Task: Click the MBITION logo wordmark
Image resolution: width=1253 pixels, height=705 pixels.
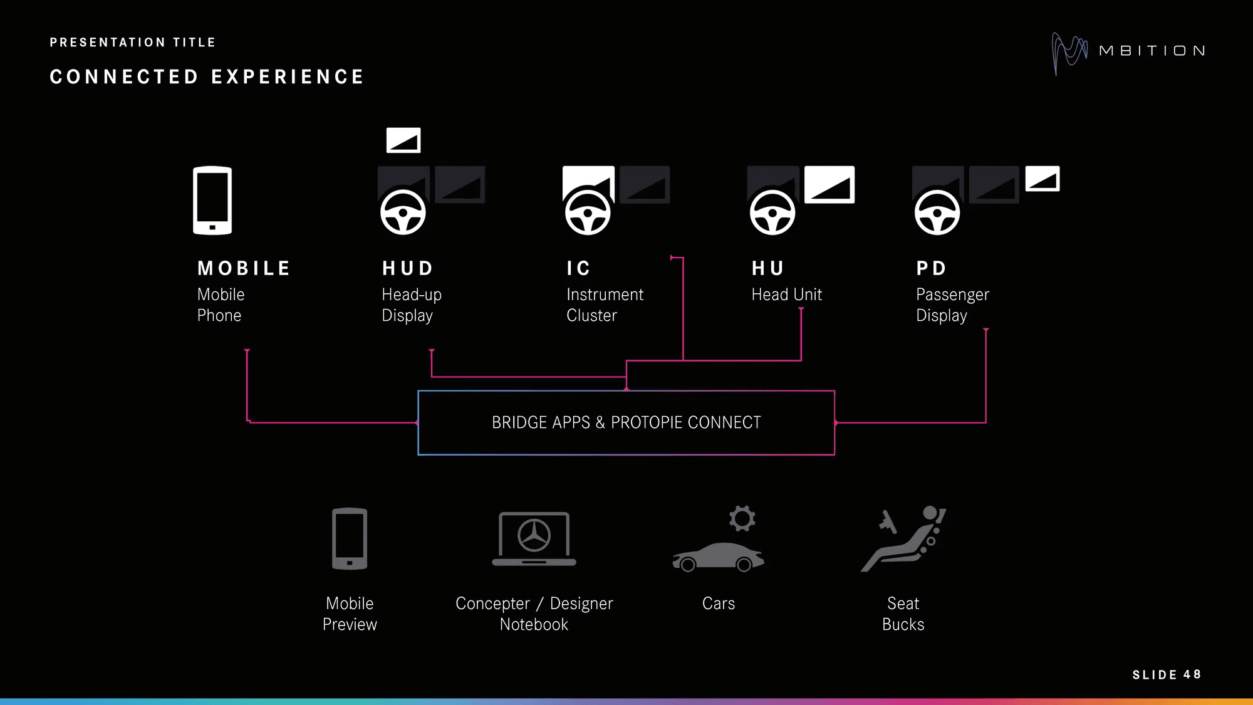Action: pyautogui.click(x=1152, y=51)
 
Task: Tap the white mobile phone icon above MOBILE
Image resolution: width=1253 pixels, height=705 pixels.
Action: pyautogui.click(x=212, y=201)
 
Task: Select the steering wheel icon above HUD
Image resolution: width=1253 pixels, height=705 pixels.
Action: pyautogui.click(x=403, y=212)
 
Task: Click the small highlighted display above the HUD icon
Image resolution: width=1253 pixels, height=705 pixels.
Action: pyautogui.click(x=403, y=140)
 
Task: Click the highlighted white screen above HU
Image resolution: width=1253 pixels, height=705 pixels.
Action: pyautogui.click(x=829, y=185)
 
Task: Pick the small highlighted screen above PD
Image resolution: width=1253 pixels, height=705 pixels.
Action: pyautogui.click(x=1042, y=179)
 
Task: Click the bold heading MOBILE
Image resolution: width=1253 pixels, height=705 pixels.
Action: pyautogui.click(x=244, y=268)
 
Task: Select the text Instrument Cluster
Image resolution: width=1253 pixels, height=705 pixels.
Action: pyautogui.click(x=605, y=305)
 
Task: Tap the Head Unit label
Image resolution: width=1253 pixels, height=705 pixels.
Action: pyautogui.click(x=786, y=295)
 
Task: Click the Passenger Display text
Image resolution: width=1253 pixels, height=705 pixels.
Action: pyautogui.click(x=952, y=305)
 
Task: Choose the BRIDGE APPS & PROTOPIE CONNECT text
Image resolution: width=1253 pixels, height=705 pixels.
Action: pyautogui.click(x=626, y=422)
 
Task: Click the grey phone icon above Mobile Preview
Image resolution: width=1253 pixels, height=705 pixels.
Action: pyautogui.click(x=350, y=539)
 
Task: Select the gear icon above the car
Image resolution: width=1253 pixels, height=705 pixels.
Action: pyautogui.click(x=742, y=518)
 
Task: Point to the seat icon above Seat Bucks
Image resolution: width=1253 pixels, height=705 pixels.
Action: pyautogui.click(x=903, y=539)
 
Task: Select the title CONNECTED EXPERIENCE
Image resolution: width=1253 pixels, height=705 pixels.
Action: pyautogui.click(x=207, y=77)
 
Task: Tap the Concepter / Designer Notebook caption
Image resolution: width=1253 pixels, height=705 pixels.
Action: pyautogui.click(x=534, y=614)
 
